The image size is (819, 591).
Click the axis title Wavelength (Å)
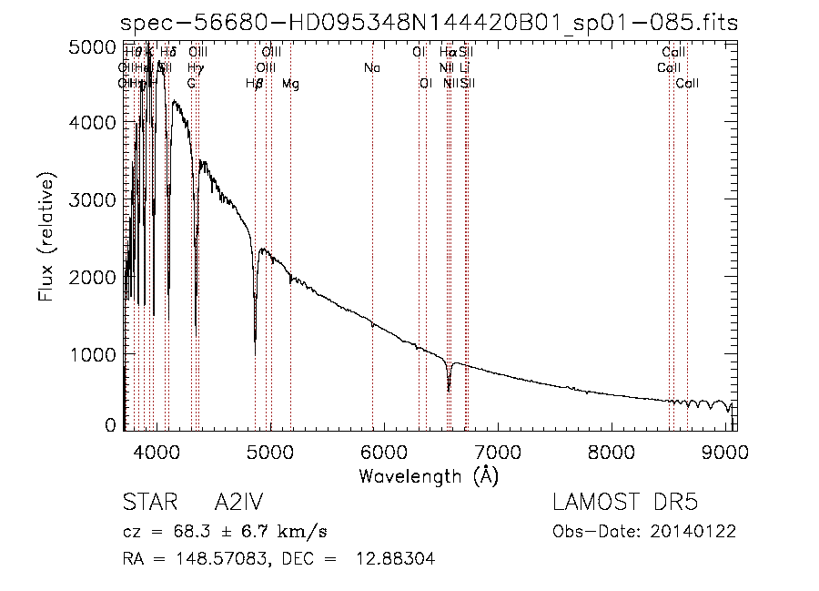click(429, 475)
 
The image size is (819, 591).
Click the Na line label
click(371, 68)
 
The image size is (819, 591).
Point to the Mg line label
click(290, 84)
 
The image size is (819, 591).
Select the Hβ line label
click(255, 84)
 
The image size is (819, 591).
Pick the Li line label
click(464, 68)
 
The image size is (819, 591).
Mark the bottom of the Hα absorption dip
click(449, 390)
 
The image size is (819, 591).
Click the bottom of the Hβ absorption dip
click(255, 353)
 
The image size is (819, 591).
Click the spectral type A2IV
click(239, 504)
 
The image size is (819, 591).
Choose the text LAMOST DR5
click(625, 504)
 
